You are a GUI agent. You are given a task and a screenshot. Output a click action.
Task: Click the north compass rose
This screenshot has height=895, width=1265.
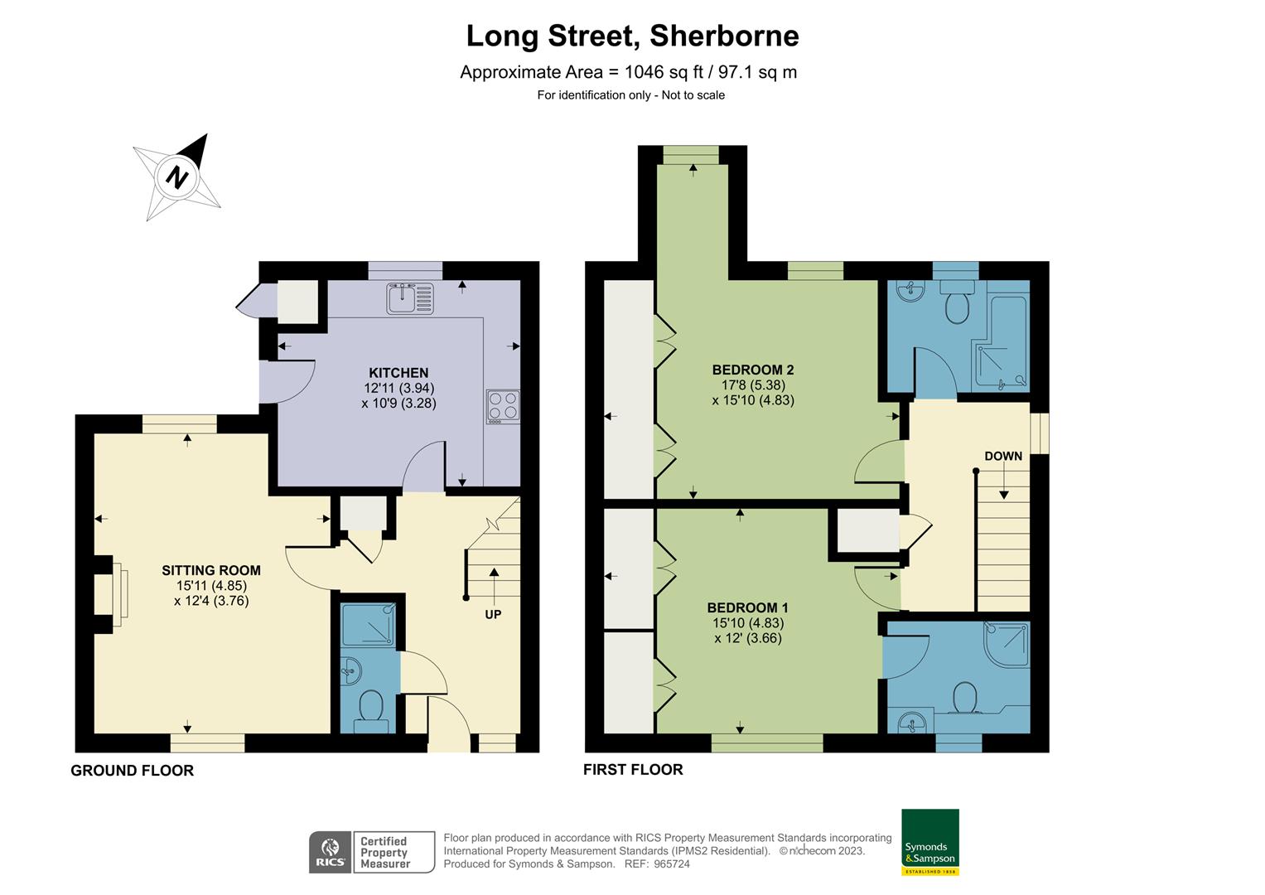[177, 176]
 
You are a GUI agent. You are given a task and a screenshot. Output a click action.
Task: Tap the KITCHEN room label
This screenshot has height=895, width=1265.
[398, 373]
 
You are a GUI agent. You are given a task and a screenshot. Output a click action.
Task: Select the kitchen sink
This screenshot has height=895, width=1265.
[410, 298]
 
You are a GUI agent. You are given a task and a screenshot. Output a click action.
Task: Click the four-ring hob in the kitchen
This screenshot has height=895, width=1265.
[503, 406]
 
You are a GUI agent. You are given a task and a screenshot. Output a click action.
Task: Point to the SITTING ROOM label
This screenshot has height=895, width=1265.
[211, 570]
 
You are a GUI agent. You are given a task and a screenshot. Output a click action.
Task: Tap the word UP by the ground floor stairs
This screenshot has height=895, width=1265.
[493, 614]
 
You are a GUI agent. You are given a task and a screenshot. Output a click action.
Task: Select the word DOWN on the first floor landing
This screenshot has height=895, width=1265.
[1002, 456]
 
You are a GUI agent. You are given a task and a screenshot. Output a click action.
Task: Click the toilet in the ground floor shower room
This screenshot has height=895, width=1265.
[369, 709]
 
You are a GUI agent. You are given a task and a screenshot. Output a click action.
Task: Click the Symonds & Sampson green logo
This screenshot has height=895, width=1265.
[929, 841]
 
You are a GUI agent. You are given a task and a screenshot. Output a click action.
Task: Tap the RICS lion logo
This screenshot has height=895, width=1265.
[330, 852]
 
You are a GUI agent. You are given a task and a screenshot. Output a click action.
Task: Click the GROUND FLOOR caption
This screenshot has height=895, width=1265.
[132, 771]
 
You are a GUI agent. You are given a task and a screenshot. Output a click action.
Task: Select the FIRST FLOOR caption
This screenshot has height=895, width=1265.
[633, 770]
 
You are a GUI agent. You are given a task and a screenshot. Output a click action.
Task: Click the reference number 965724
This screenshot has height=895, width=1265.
[672, 864]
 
